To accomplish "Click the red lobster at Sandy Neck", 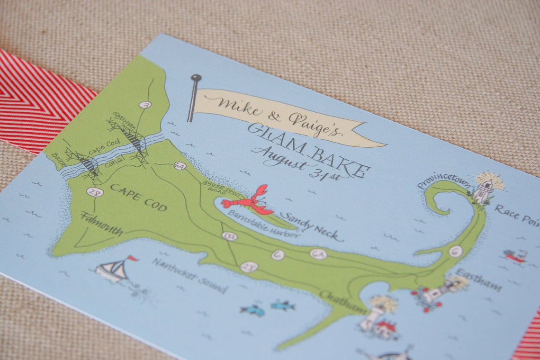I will [x=247, y=201].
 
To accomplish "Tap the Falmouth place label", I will [x=102, y=225].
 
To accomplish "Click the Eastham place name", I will [x=478, y=279].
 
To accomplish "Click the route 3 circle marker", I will [x=145, y=105].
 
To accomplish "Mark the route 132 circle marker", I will [x=229, y=235].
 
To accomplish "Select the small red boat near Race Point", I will [x=515, y=256].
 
